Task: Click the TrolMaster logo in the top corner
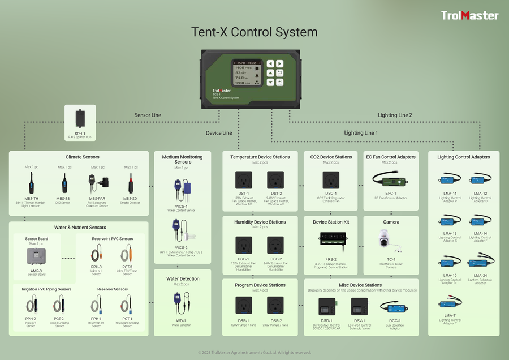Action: (470, 16)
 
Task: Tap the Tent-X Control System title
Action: (254, 32)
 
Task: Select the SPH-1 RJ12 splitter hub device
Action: (80, 118)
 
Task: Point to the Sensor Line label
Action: (148, 115)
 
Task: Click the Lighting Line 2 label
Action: (395, 115)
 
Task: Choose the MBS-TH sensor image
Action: (32, 183)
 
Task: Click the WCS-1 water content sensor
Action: (181, 190)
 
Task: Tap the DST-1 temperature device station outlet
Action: (244, 180)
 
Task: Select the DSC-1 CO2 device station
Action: (331, 180)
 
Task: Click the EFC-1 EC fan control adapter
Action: (391, 180)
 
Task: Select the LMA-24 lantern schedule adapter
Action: (480, 263)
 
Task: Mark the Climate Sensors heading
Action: (79, 157)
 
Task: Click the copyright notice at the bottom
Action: (254, 352)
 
